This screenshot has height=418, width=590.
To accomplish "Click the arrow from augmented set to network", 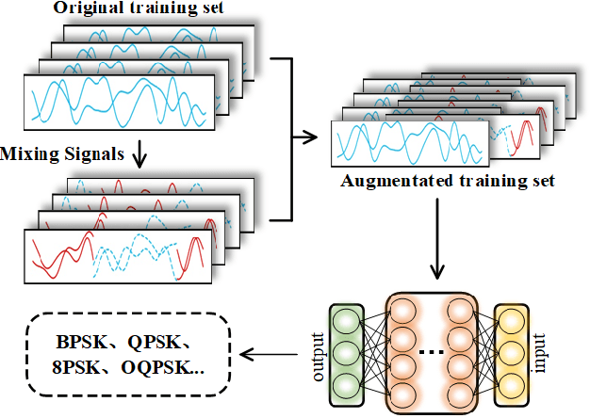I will point(436,245).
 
